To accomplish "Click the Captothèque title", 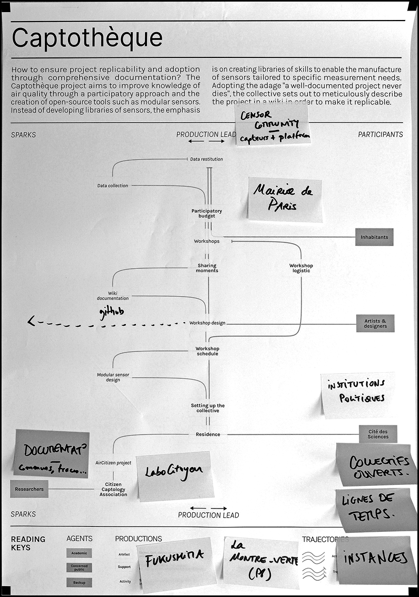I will [87, 38].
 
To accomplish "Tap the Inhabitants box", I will [374, 237].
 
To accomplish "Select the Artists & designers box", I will [375, 323].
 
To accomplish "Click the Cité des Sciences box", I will [378, 434].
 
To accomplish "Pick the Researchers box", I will [30, 489].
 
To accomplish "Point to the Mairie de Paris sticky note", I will [285, 198].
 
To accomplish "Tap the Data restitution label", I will [206, 159].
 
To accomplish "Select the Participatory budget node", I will [207, 213].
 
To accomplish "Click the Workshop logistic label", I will [301, 268].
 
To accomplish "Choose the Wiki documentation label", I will [112, 296].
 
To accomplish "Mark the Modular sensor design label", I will [113, 377].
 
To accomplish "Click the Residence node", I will [208, 434].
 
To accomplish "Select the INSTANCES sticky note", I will [375, 559].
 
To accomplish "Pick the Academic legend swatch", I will [79, 553].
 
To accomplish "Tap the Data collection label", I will [112, 185].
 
